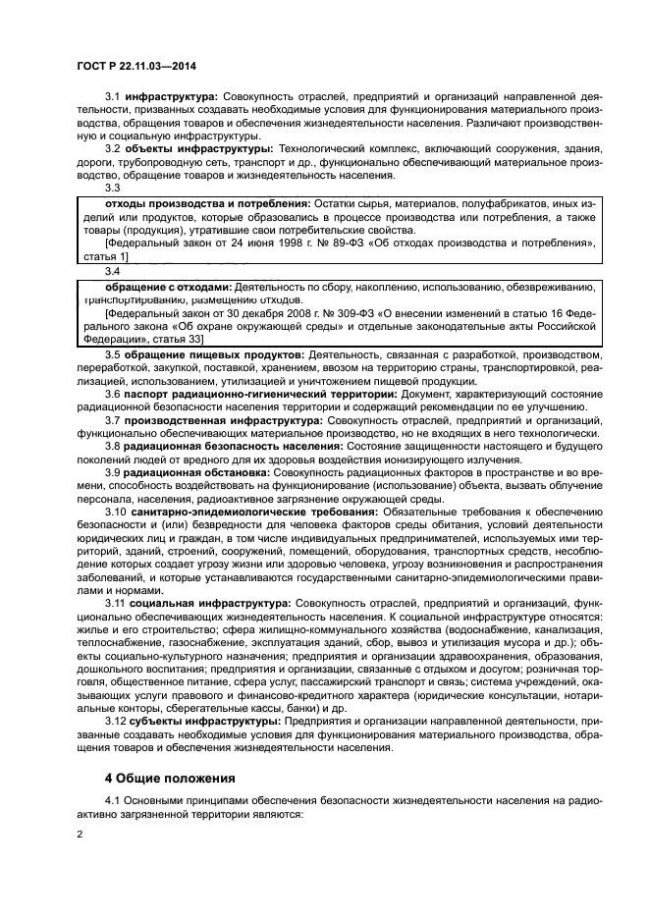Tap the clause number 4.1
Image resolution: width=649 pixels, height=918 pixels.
coord(113,801)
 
